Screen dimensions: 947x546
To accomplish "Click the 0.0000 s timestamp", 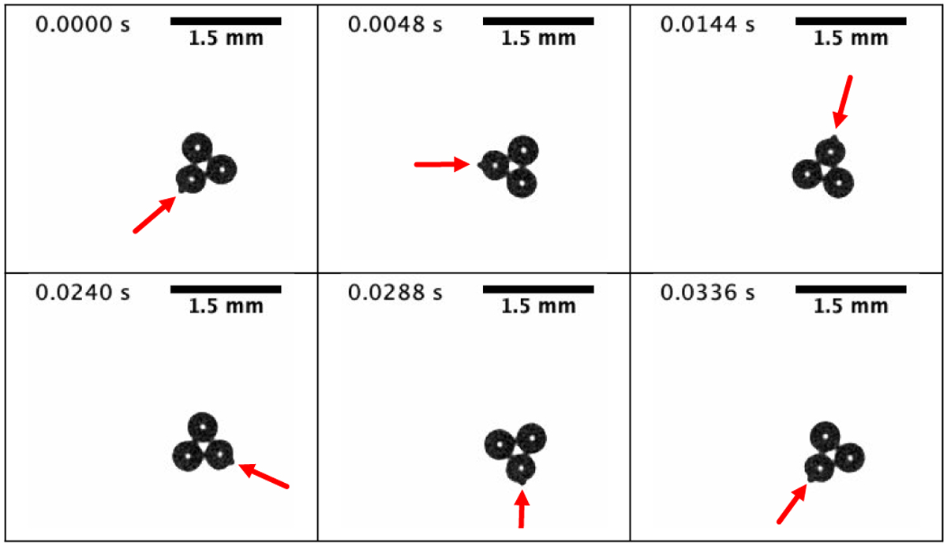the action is [x=83, y=24].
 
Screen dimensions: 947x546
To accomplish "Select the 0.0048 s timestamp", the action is [x=395, y=24].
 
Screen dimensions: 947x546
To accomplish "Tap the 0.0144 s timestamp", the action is [x=708, y=24].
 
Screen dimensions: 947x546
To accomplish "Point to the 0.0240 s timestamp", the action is [x=83, y=293].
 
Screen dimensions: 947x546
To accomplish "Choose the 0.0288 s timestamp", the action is [x=395, y=293].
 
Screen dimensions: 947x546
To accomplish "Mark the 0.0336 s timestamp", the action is [x=708, y=293].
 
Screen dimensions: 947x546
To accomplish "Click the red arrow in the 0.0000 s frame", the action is [x=155, y=215].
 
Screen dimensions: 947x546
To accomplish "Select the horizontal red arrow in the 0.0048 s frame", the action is [x=442, y=164].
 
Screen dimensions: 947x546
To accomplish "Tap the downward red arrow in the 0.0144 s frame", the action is [x=843, y=102].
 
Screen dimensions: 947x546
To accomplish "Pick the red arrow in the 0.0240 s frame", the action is [x=264, y=476].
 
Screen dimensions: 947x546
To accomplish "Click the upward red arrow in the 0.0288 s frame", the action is [x=522, y=508].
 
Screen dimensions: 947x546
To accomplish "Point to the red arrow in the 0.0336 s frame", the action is [x=792, y=503].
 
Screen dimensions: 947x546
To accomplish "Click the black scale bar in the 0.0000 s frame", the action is [x=226, y=21].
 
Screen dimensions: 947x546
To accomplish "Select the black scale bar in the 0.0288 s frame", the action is [x=538, y=290].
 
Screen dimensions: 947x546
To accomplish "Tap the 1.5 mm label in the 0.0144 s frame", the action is [x=851, y=39].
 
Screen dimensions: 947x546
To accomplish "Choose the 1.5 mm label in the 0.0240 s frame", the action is [x=226, y=306].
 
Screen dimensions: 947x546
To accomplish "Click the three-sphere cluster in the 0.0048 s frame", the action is [x=508, y=166].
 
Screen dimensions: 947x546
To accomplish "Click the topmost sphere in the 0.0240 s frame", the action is [x=203, y=427].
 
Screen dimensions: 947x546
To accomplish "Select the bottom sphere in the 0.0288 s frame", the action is [x=521, y=469].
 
